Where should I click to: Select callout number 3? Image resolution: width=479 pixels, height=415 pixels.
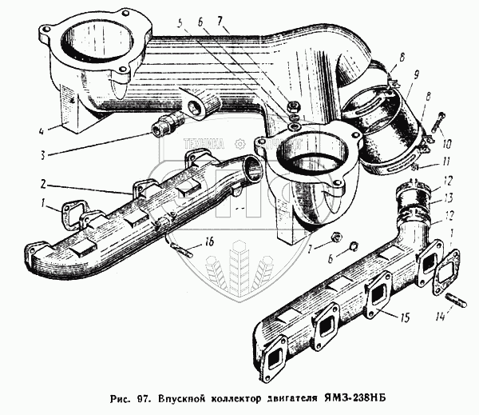coord(46,155)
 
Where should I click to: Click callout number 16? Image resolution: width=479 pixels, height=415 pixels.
coord(209,241)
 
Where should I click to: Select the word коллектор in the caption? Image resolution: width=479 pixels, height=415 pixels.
coord(252,397)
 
